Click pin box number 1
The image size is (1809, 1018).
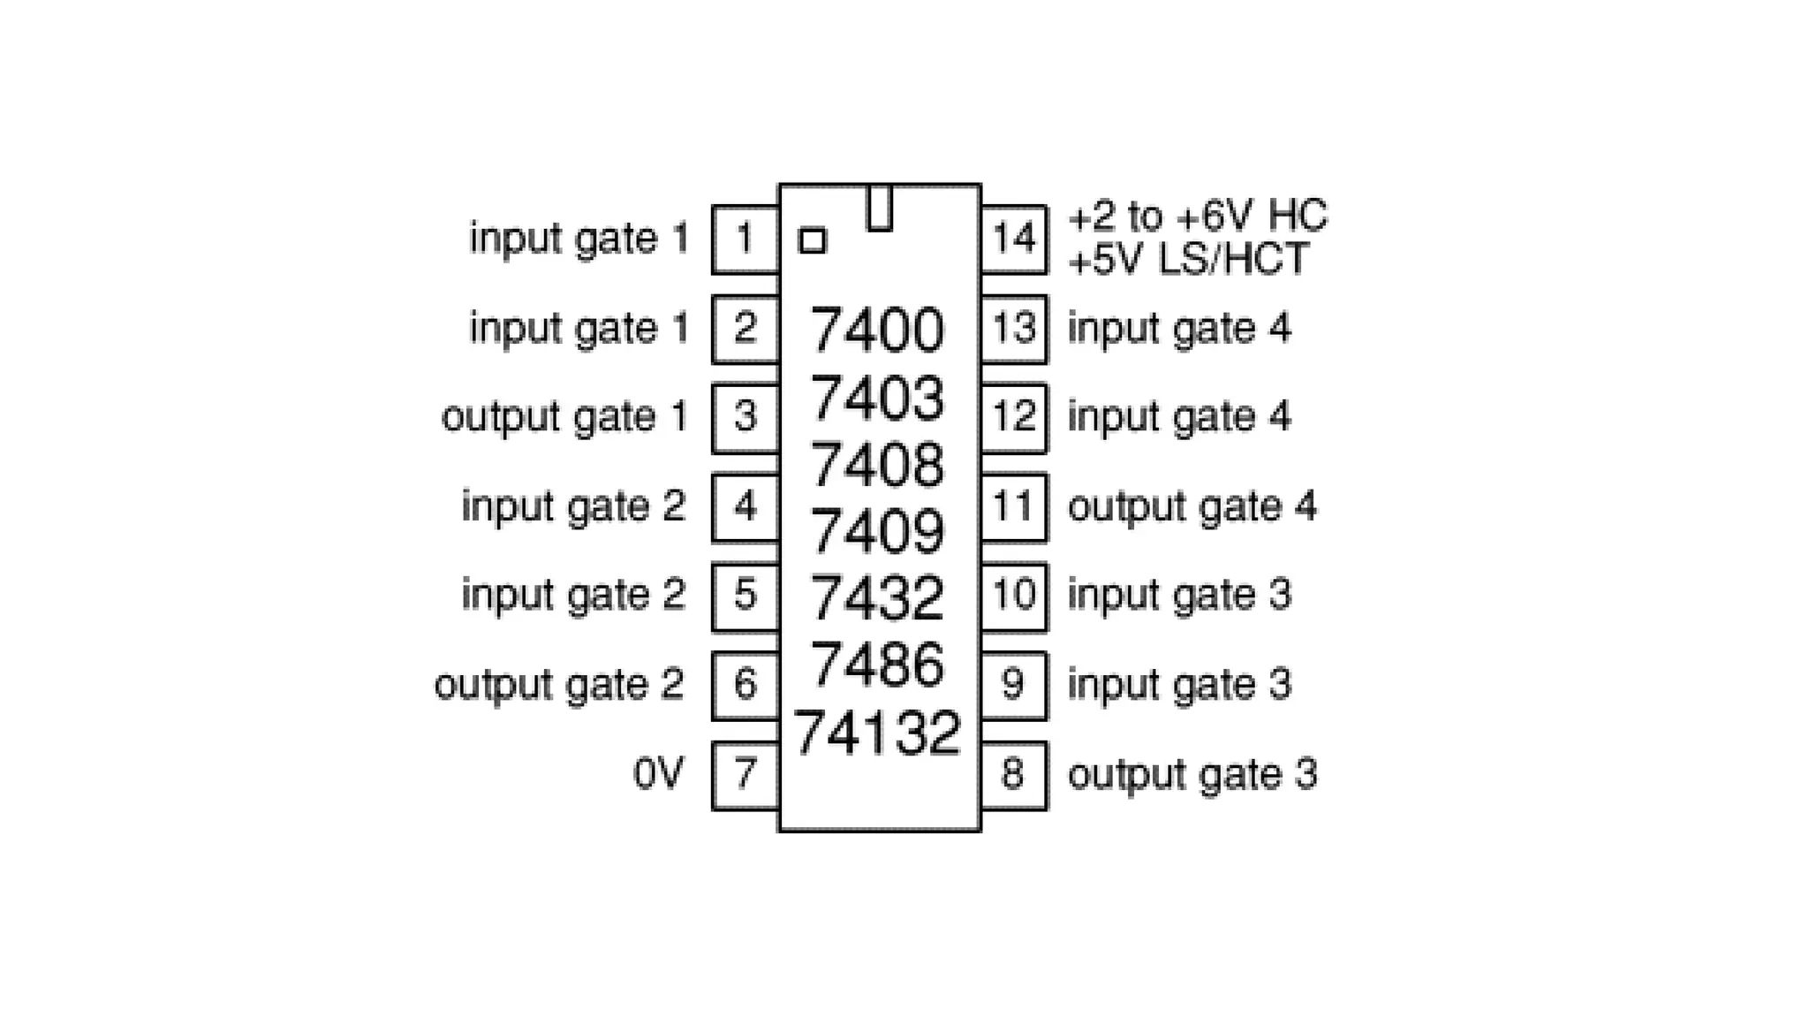point(745,239)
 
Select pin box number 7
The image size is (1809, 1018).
point(745,775)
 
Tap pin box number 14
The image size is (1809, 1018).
point(1014,239)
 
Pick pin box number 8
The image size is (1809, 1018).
point(1014,775)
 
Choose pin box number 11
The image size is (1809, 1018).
point(1014,507)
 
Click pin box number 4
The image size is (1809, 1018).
point(745,507)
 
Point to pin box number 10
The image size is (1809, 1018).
point(1014,596)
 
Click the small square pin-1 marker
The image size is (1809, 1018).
point(812,240)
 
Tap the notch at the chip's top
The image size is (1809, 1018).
point(879,209)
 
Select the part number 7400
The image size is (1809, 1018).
point(877,330)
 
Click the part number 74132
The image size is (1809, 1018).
point(877,733)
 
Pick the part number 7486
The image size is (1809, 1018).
point(877,665)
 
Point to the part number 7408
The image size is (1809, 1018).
point(877,465)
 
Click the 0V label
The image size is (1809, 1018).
point(659,775)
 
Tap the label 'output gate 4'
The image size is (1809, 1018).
point(1192,507)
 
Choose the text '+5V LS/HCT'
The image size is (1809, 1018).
point(1188,260)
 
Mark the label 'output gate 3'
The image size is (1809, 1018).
point(1192,775)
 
